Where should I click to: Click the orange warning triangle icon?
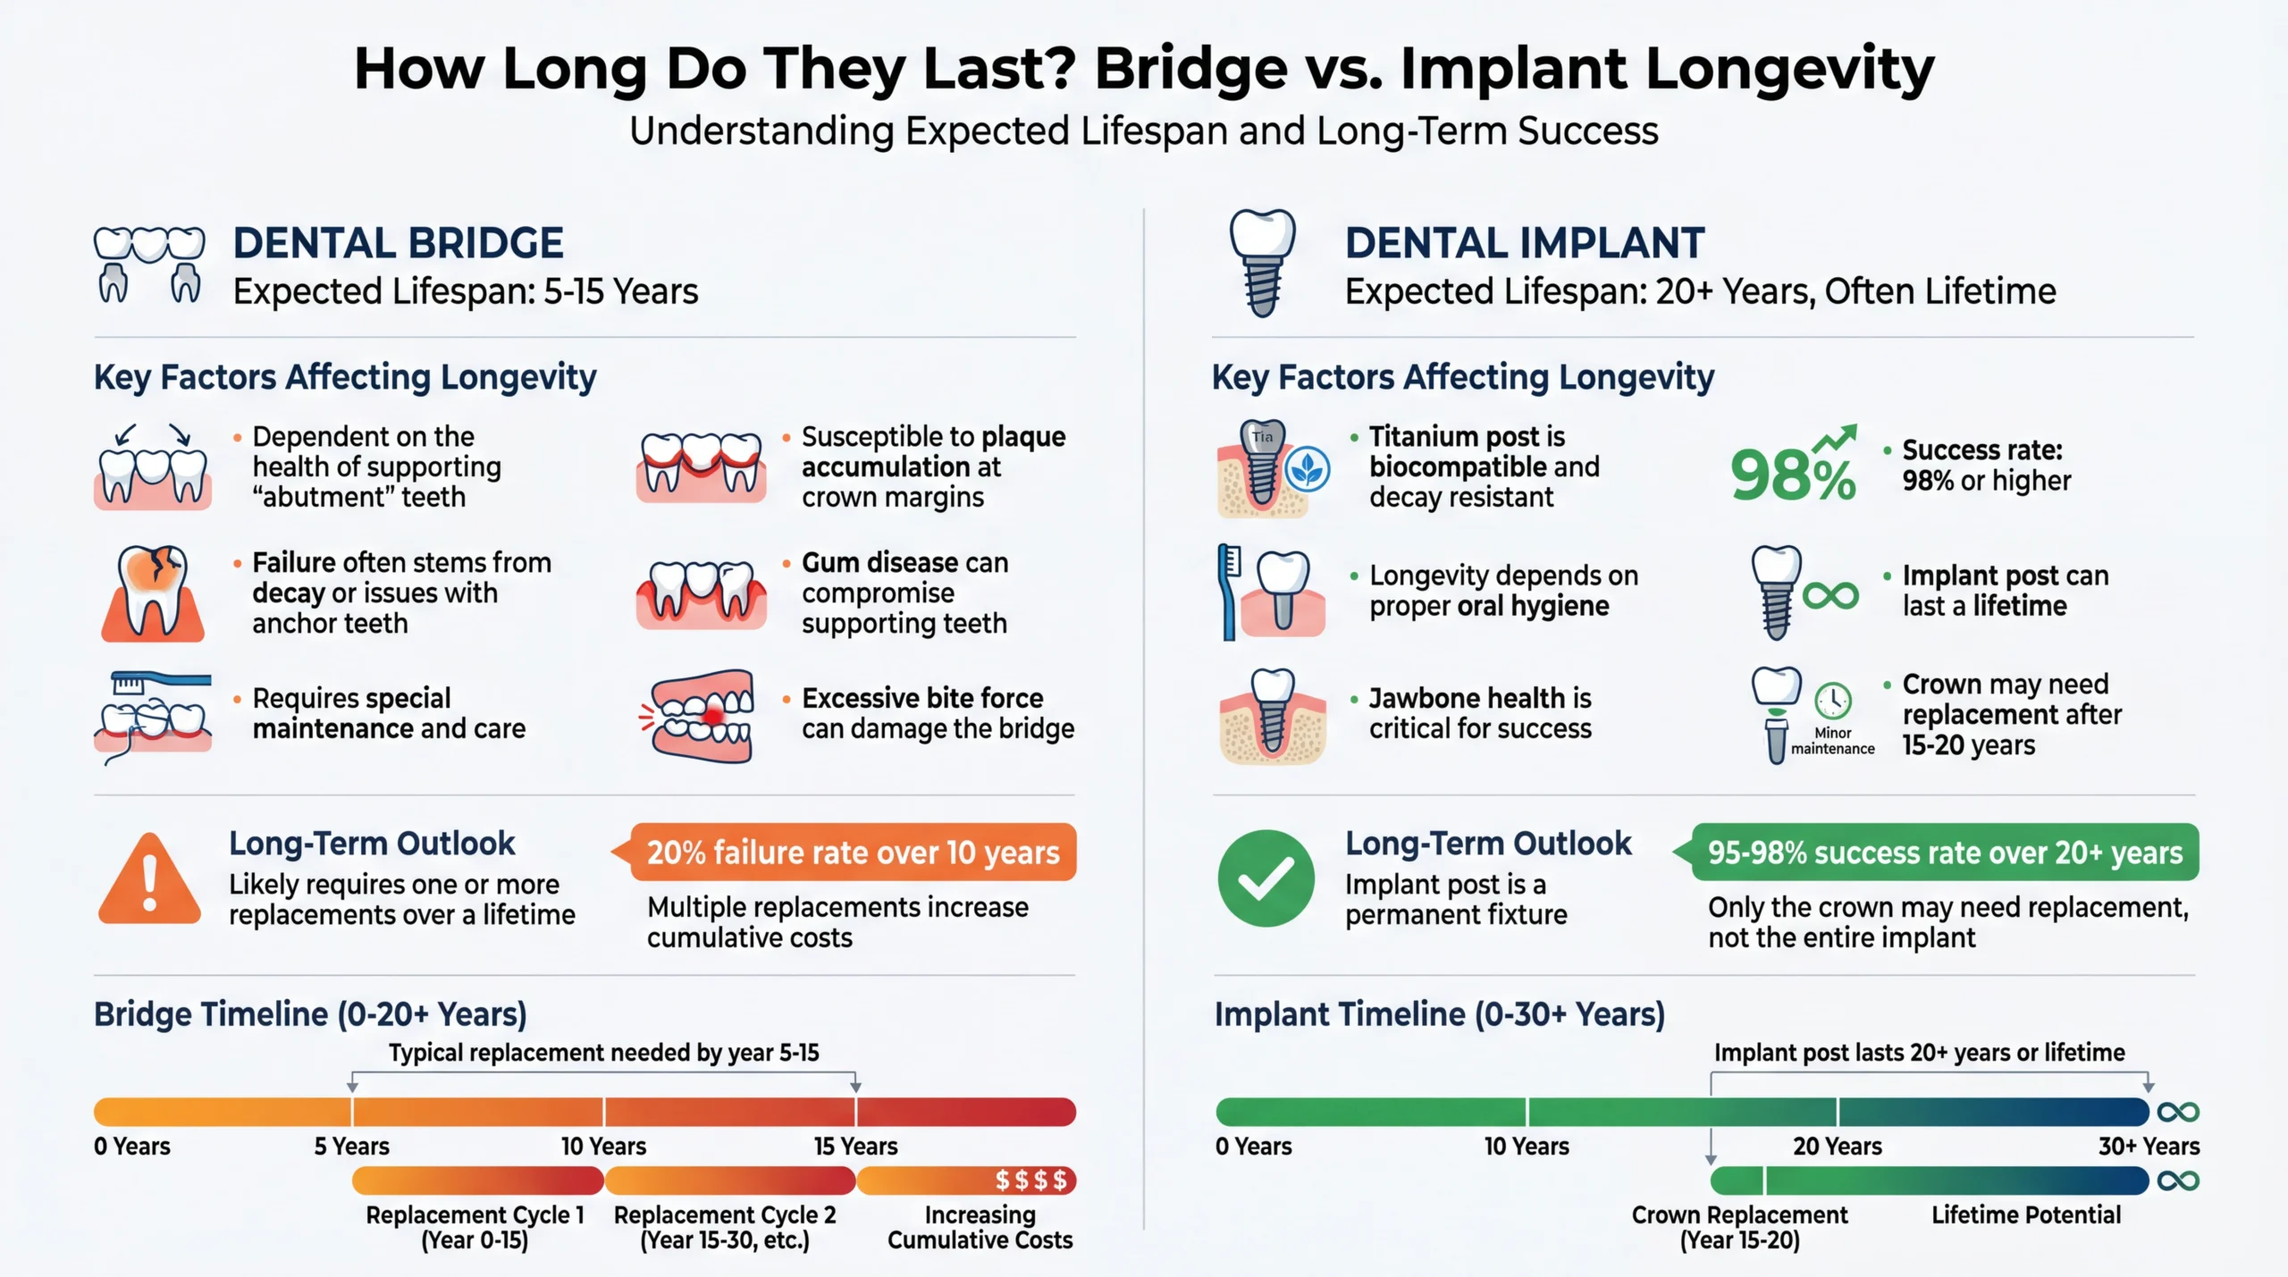pyautogui.click(x=149, y=880)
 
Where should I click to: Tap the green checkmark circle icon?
pyautogui.click(x=1266, y=878)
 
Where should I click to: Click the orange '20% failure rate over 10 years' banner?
pyautogui.click(x=853, y=853)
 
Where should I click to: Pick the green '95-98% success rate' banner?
pyautogui.click(x=1944, y=853)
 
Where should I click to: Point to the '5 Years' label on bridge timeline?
pyautogui.click(x=351, y=1146)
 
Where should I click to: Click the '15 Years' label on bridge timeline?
pyautogui.click(x=855, y=1146)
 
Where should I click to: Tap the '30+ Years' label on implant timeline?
pyautogui.click(x=2149, y=1146)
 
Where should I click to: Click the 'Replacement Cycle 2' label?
pyautogui.click(x=725, y=1215)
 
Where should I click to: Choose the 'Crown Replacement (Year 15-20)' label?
pyautogui.click(x=1739, y=1227)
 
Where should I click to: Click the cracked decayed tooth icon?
pyautogui.click(x=153, y=592)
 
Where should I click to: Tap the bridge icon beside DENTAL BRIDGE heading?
pyautogui.click(x=149, y=265)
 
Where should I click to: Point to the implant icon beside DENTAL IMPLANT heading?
pyautogui.click(x=1262, y=263)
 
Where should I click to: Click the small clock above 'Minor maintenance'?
pyautogui.click(x=1832, y=700)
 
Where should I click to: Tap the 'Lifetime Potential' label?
pyautogui.click(x=2025, y=1215)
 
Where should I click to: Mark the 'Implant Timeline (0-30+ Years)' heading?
pyautogui.click(x=1439, y=1014)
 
